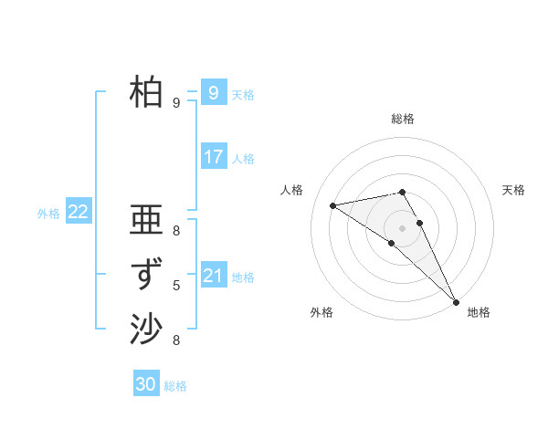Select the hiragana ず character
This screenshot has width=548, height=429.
coord(147,275)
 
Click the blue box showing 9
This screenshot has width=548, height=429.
coord(213,93)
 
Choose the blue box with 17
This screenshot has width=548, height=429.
coord(213,157)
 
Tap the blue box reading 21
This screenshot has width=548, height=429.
coord(213,276)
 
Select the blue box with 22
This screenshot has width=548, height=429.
coord(78,212)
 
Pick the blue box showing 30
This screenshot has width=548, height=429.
coord(145,384)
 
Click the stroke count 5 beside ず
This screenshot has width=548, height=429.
coord(176,286)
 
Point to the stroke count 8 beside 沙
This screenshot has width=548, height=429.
coord(176,340)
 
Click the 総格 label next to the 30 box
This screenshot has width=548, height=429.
coord(175,386)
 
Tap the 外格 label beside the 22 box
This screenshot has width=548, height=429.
coord(48,214)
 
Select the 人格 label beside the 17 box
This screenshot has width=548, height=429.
coord(243,159)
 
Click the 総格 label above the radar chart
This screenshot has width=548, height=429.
coord(403,119)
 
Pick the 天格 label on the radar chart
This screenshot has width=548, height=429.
coord(513,190)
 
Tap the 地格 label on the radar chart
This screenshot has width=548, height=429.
coord(479,313)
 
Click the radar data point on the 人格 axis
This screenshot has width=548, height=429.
coord(333,205)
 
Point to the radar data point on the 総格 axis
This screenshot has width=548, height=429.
coord(402,192)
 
